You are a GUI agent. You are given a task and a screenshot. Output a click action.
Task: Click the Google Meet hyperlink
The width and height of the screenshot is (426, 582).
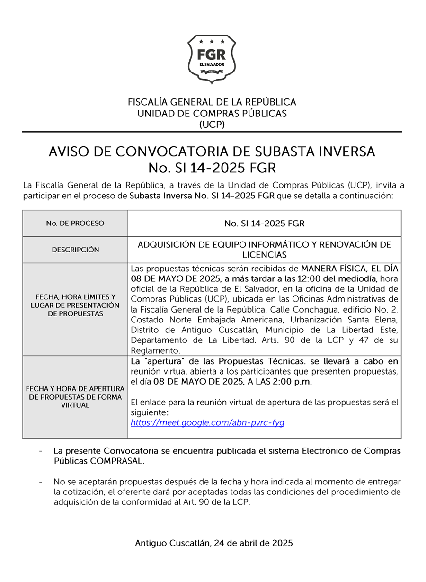(x=207, y=423)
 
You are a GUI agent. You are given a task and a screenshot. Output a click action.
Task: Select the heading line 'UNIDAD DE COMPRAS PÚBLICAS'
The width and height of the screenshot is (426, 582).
(x=212, y=113)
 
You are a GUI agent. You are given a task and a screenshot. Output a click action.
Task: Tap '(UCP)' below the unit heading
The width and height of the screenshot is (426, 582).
(x=212, y=124)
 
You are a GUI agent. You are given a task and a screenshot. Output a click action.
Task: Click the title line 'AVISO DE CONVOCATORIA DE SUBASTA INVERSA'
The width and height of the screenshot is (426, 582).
(x=212, y=152)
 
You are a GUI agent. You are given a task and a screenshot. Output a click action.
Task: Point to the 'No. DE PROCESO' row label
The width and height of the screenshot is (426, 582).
(x=75, y=224)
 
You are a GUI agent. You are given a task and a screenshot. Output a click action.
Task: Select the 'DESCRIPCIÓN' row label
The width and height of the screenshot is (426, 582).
(x=75, y=250)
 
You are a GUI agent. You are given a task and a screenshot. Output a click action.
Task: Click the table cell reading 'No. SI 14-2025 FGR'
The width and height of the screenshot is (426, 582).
(x=264, y=224)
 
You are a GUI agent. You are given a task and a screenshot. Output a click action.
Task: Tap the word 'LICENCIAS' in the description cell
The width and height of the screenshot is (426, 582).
(x=264, y=255)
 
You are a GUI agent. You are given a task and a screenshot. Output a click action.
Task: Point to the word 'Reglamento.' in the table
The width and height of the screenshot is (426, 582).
(x=155, y=351)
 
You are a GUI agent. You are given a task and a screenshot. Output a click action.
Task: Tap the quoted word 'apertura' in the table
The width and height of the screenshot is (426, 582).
(x=157, y=361)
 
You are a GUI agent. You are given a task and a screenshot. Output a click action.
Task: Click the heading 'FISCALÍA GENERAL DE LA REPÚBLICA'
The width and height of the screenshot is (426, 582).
(x=212, y=102)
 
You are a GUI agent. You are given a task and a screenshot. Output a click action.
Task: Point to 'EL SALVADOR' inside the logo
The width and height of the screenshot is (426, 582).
(x=212, y=64)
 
